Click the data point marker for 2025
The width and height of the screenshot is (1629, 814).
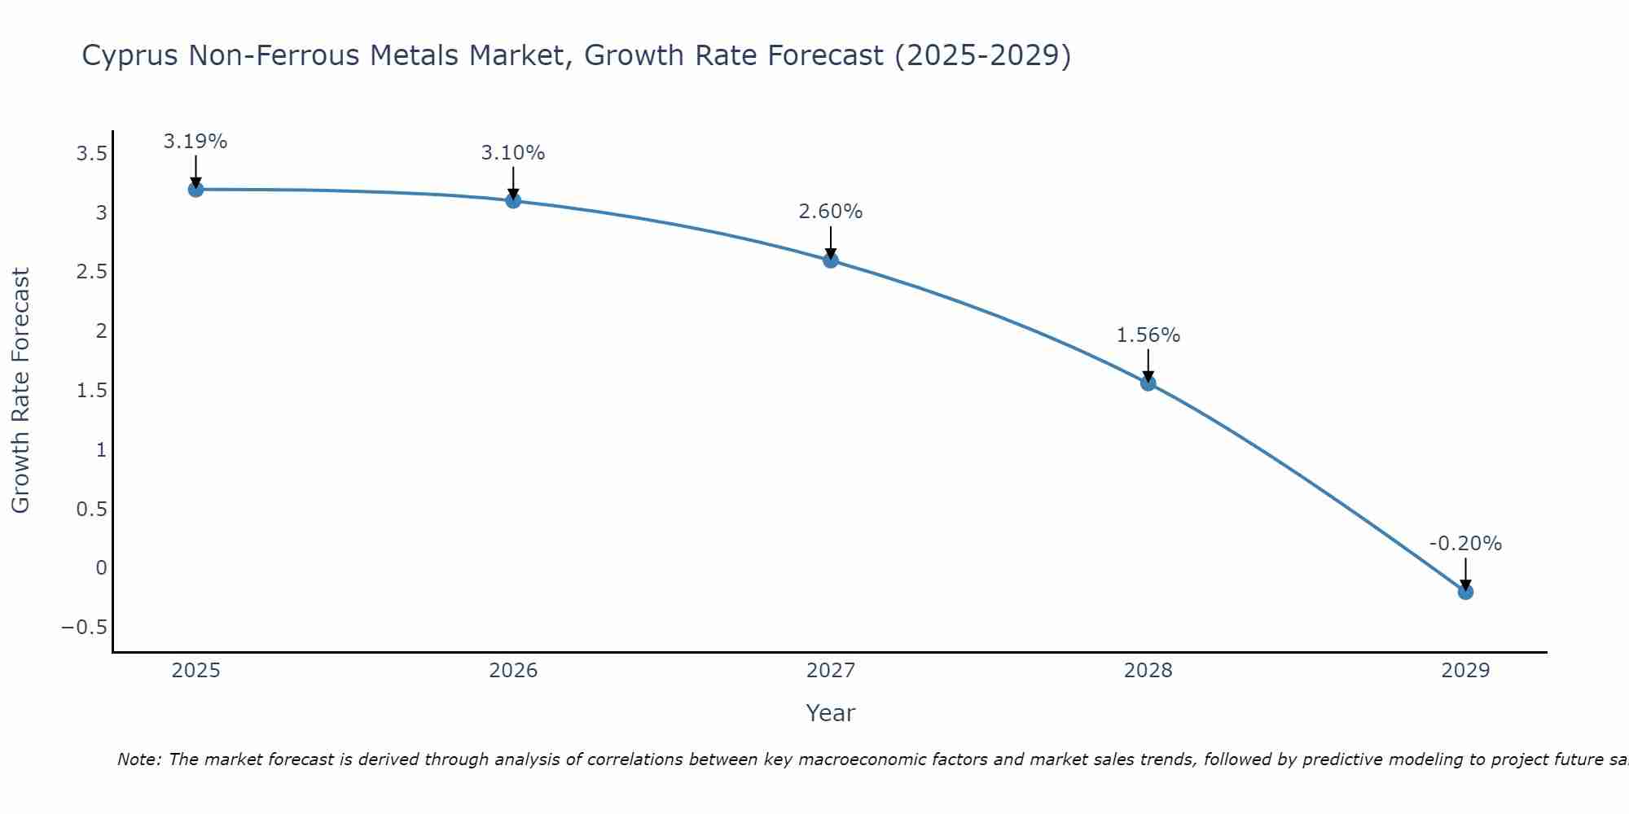[195, 190]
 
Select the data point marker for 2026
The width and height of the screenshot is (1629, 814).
[513, 200]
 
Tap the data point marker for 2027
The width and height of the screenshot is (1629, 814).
[831, 260]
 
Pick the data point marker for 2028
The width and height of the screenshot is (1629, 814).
[1148, 383]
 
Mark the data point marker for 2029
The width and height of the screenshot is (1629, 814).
[1465, 592]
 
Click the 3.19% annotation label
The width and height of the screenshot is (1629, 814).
[195, 142]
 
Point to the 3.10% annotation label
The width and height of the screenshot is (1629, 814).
[513, 153]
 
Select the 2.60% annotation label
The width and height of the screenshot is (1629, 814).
[831, 212]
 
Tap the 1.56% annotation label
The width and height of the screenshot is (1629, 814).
[1148, 335]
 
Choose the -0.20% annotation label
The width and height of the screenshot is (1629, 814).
[1465, 544]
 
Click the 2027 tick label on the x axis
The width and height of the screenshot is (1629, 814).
[831, 671]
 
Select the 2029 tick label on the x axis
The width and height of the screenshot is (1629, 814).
[1465, 671]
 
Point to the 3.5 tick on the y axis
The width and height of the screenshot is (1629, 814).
[92, 153]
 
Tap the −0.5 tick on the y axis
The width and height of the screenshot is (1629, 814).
[85, 628]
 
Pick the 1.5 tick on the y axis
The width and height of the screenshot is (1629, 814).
[92, 391]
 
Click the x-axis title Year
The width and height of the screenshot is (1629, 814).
[831, 714]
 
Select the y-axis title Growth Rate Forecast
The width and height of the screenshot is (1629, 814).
[20, 391]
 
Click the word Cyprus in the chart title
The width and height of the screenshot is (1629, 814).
[130, 56]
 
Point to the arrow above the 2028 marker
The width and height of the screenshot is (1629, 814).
[1148, 365]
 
